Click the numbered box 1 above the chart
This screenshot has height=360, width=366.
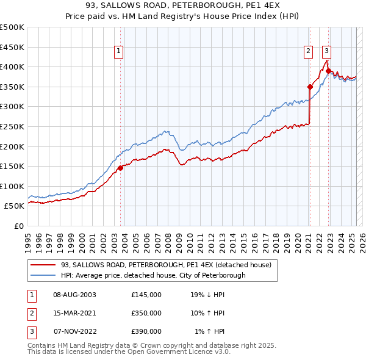coord(119,52)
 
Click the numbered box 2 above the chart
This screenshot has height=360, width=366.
coord(309,52)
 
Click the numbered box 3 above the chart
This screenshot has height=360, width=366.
coord(327,52)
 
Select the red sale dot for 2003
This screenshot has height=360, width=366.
coord(120,168)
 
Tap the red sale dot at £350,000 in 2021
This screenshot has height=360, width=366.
coord(310,87)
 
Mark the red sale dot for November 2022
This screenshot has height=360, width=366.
coord(328,71)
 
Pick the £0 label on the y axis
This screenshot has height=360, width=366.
coord(18,226)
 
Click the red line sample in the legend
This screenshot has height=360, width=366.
coord(43,265)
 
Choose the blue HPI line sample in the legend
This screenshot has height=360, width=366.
coord(43,275)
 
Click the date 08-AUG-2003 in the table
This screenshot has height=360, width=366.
coord(74,295)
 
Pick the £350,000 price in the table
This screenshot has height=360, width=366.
coord(146,313)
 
